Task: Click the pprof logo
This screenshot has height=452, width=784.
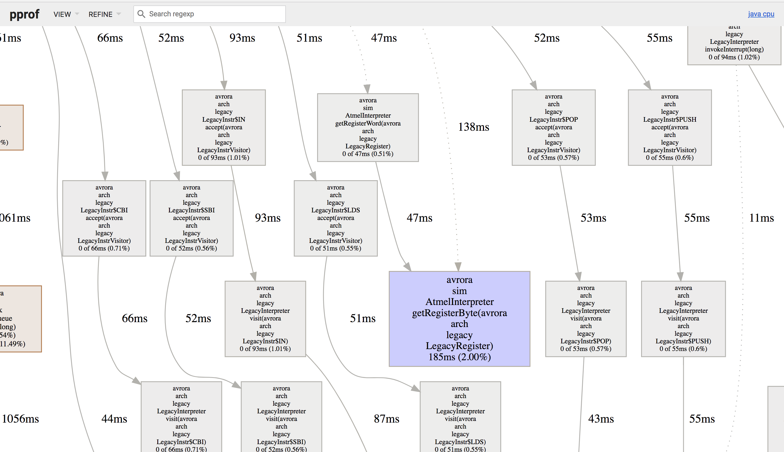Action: click(24, 14)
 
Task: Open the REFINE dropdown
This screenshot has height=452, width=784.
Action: click(104, 14)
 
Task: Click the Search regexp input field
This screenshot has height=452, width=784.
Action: click(214, 14)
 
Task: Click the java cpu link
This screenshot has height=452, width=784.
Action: click(761, 14)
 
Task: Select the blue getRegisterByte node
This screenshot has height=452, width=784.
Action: click(459, 319)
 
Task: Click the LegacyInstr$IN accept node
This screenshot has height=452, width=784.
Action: click(223, 127)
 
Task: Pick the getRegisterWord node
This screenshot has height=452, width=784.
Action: click(367, 127)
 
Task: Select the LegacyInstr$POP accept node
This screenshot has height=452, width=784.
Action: click(553, 127)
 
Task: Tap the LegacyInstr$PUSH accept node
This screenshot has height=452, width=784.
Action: click(669, 127)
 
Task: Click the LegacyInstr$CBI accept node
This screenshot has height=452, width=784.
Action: click(104, 218)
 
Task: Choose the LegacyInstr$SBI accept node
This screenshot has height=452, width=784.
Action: click(191, 218)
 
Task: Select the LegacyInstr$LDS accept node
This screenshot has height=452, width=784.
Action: click(335, 218)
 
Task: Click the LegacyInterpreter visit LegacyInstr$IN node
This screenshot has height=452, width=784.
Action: click(265, 319)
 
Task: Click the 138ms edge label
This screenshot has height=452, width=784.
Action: click(473, 127)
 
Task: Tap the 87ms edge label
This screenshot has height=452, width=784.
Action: click(386, 419)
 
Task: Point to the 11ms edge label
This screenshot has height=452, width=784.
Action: click(761, 218)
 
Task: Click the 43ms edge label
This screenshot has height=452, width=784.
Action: click(601, 419)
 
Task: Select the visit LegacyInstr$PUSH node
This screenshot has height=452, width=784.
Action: click(683, 319)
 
